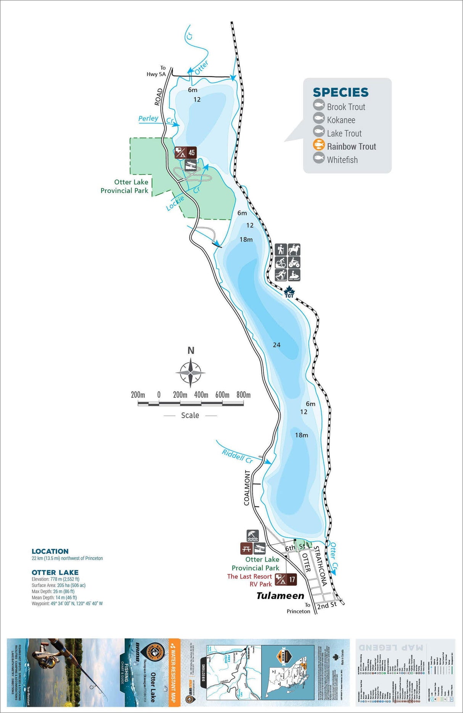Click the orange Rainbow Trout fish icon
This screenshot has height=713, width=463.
pos(318,145)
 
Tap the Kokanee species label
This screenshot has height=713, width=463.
pos(341,120)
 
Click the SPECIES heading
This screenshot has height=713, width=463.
pos(341,92)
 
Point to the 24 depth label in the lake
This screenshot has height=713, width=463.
pos(277,345)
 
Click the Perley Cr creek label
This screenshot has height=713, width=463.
pos(148,119)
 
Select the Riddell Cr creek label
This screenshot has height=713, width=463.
pos(237,456)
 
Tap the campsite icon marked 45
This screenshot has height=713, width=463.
pos(185,153)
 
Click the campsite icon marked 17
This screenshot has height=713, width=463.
pos(286,580)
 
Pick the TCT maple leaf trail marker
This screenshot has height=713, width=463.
pos(289,292)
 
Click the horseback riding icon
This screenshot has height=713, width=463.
pos(294,250)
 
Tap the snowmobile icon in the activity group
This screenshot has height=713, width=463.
pos(294,275)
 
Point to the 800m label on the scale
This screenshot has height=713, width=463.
pos(243,395)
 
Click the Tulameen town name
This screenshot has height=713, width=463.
pos(280,596)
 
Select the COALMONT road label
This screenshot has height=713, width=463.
pos(247,488)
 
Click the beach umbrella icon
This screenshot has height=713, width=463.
pos(252,536)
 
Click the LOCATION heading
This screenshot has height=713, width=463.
pos(50,551)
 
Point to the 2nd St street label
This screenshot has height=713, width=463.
pos(327,605)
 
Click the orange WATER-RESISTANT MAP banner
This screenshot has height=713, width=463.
pos(174,672)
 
